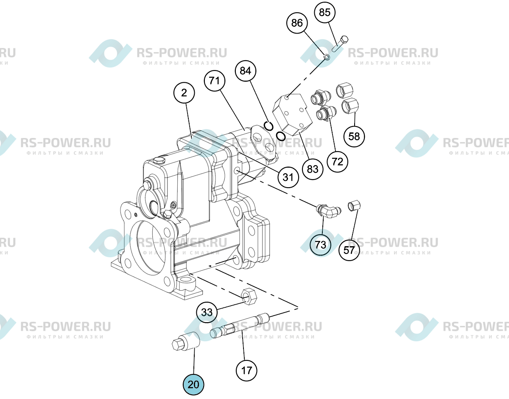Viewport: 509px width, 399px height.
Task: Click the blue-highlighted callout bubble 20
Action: tap(193, 385)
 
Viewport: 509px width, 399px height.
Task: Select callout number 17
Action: tap(246, 371)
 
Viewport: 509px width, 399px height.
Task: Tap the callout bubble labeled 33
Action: tap(207, 312)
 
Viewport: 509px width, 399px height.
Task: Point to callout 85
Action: tap(324, 12)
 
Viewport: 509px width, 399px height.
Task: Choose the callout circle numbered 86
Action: tap(297, 23)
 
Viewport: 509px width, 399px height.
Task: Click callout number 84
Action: tap(246, 71)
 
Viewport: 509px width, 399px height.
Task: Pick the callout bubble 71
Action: tap(215, 81)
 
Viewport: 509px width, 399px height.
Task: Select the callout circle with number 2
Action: tap(184, 93)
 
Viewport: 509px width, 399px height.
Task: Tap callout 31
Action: tap(288, 177)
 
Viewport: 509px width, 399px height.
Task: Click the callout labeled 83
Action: tap(313, 169)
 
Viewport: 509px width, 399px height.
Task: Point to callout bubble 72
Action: tap(338, 162)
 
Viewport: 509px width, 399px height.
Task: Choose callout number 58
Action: tap(354, 136)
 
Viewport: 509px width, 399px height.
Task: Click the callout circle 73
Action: tap(320, 245)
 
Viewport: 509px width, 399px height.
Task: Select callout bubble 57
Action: tap(349, 250)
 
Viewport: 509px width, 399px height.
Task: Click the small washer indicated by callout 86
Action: tap(327, 57)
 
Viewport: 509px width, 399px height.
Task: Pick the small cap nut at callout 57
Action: tap(354, 206)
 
